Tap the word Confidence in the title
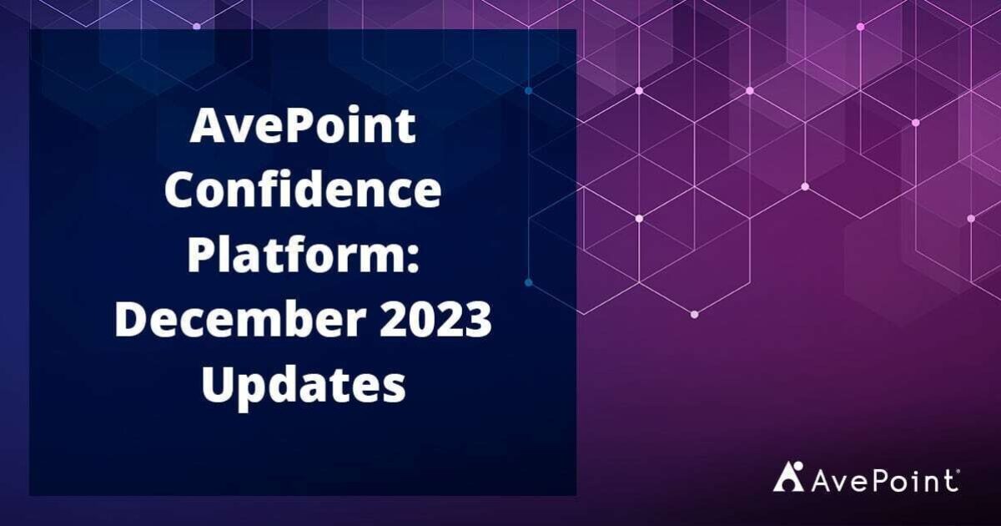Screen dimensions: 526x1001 [x=303, y=192]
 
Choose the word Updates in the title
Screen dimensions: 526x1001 [x=303, y=387]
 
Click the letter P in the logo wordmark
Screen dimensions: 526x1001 [x=879, y=480]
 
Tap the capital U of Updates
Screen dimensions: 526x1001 [x=219, y=387]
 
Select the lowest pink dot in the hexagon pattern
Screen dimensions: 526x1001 [x=694, y=314]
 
